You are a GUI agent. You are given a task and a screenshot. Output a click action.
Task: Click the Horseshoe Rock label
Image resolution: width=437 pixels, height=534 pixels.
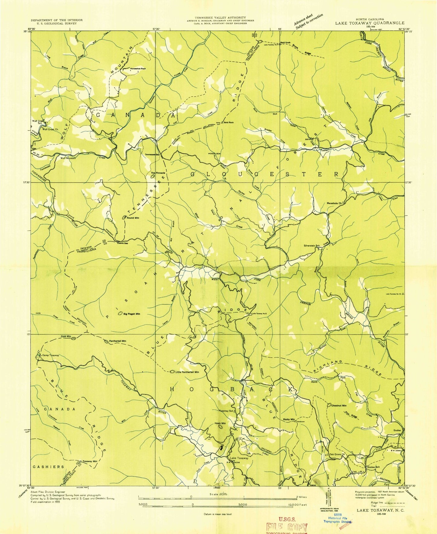(x=138, y=69)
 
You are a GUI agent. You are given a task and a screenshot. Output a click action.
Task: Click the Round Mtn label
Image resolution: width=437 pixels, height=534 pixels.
(x=133, y=218)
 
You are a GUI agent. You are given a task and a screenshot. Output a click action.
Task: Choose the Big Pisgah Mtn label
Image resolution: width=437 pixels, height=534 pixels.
(x=132, y=314)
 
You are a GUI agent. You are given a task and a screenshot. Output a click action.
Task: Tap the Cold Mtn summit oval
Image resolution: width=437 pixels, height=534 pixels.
(x=73, y=338)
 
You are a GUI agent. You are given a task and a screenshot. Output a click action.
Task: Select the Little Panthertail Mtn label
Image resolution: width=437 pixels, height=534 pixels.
(x=187, y=372)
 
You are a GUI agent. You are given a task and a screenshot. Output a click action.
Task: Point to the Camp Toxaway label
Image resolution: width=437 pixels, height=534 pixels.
(x=51, y=355)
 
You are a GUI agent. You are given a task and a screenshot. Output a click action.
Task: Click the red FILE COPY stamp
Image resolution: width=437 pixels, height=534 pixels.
(x=287, y=527)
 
